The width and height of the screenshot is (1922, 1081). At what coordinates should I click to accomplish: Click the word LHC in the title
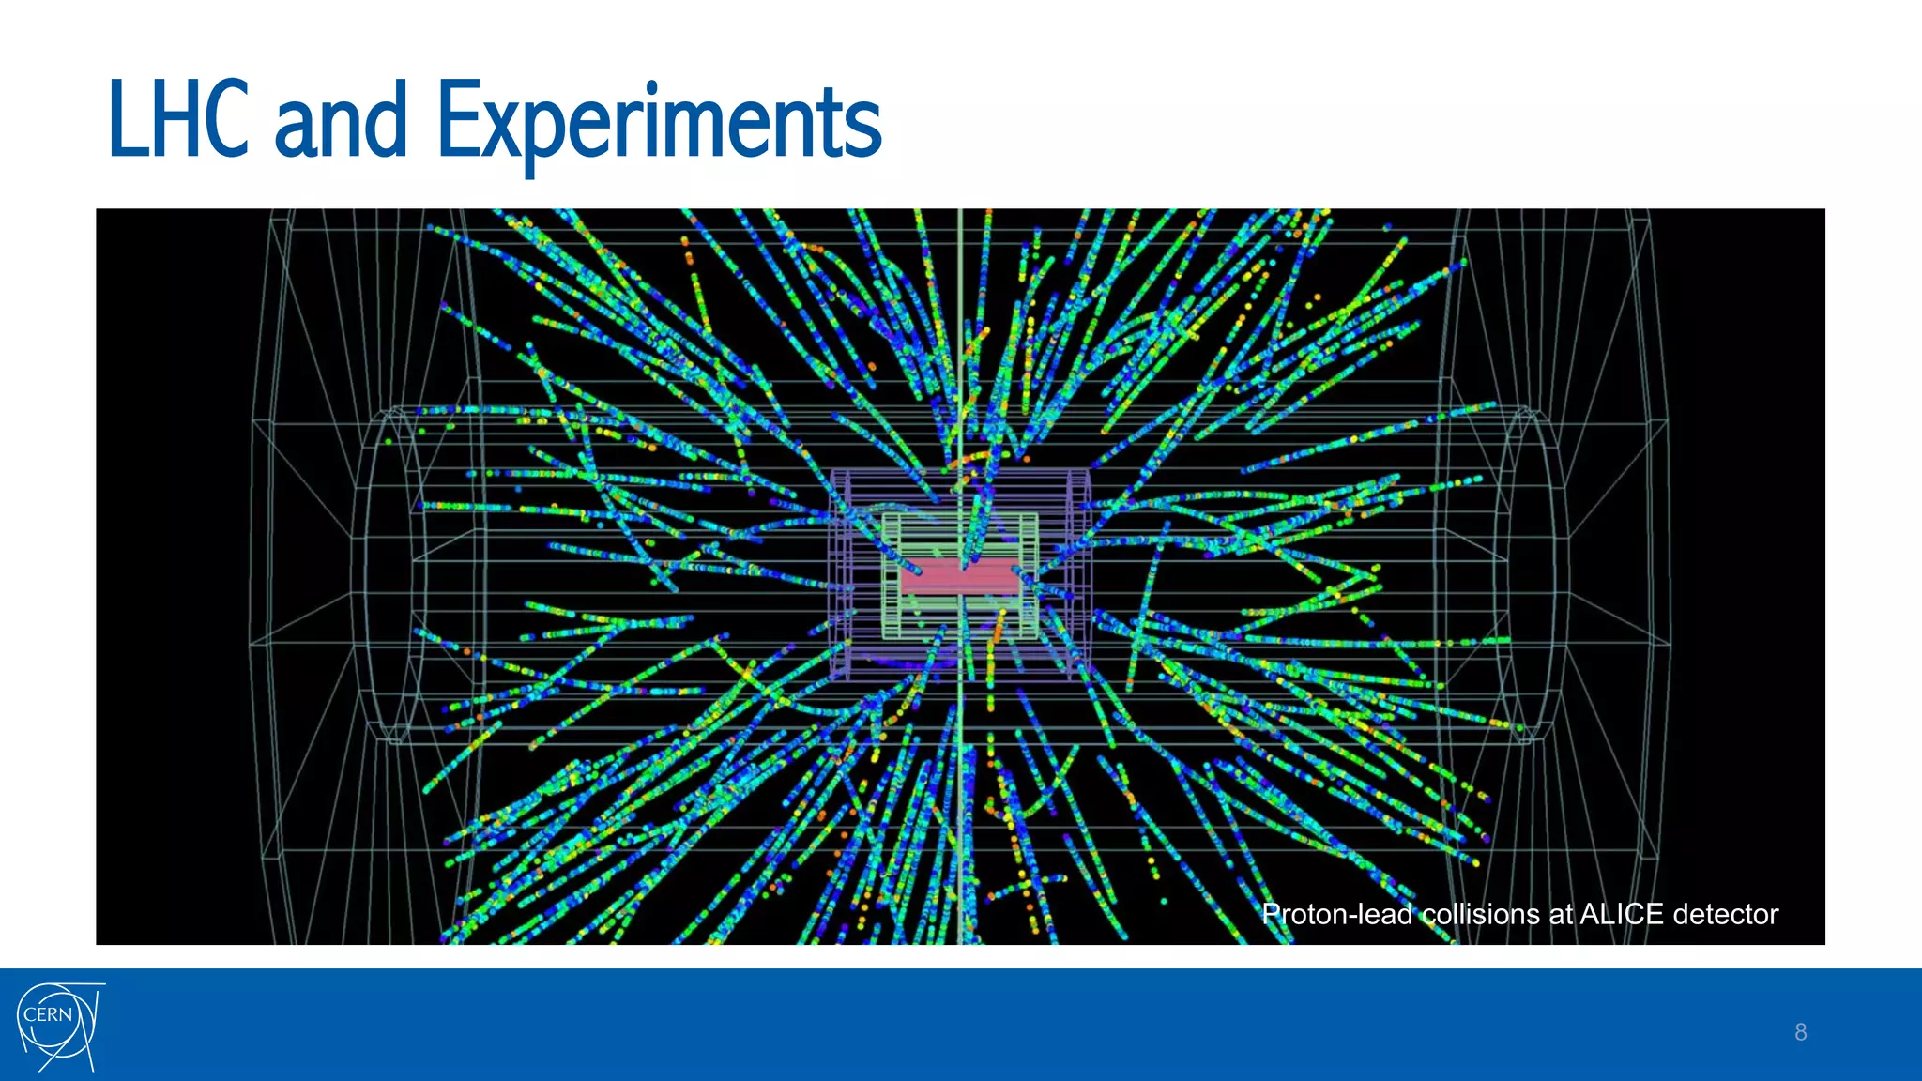click(x=178, y=119)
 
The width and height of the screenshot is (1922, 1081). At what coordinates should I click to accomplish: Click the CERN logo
click(x=58, y=1026)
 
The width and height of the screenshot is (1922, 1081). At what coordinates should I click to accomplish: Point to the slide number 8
click(x=1800, y=1032)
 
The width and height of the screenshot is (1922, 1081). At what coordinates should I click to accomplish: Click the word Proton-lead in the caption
click(x=1336, y=914)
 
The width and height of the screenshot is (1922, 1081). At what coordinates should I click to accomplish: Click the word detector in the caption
click(x=1726, y=914)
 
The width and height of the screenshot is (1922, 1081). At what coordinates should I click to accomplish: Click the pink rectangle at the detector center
click(x=960, y=576)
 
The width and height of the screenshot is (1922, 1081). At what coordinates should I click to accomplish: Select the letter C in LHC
click(x=229, y=119)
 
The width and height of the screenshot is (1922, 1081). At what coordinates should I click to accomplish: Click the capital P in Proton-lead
click(x=1273, y=914)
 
